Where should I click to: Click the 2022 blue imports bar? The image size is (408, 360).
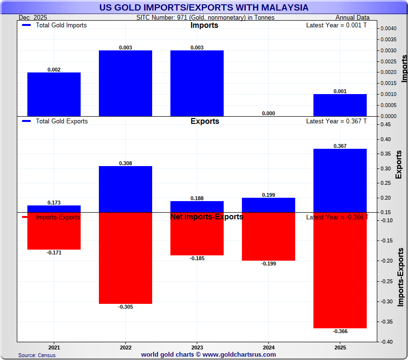point(125,83)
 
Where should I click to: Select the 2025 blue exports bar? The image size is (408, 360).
point(340,180)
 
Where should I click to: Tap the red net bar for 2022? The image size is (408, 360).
point(125,258)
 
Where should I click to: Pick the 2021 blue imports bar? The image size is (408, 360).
point(54,94)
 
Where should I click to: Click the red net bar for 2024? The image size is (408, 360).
point(268,237)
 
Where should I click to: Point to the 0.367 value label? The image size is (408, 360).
point(340,145)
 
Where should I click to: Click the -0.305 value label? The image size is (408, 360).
point(125,307)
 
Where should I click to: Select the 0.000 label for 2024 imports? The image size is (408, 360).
point(268,113)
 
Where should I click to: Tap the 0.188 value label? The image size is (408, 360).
point(197,198)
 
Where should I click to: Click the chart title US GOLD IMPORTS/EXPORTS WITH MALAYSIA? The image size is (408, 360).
point(204,8)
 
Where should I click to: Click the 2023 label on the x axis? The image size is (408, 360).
point(197,347)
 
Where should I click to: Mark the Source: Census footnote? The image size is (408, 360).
point(37,355)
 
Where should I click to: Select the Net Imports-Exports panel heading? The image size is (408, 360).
point(206,217)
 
